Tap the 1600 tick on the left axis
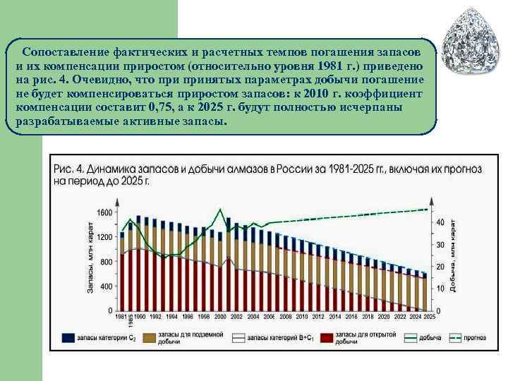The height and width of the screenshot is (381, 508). coord(104,212)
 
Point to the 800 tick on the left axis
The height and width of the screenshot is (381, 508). coord(107,262)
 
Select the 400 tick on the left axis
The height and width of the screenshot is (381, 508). coord(107,286)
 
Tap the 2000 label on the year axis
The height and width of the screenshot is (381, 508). coord(220,317)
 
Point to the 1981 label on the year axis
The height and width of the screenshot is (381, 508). coord(121,317)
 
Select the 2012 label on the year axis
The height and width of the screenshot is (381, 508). coord(317,317)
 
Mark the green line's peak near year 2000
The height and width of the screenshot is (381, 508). coord(221,209)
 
